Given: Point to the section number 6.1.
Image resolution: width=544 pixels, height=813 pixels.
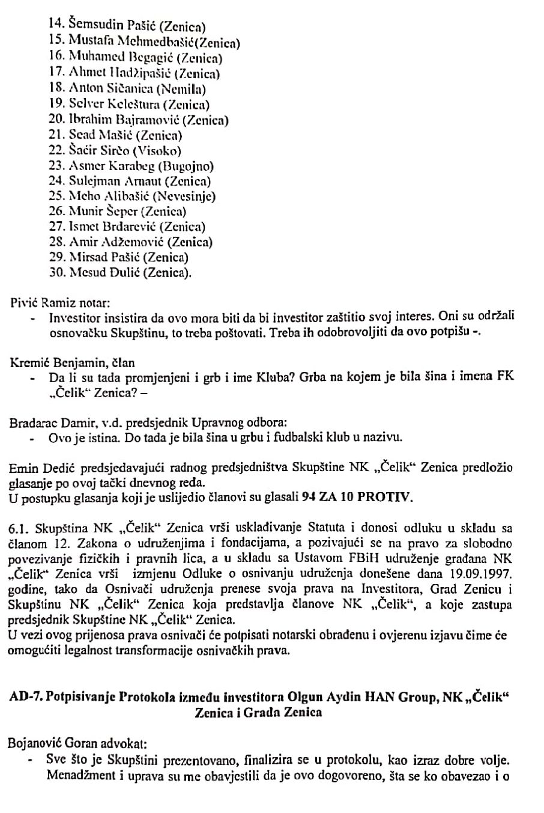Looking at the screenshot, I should tap(20, 529).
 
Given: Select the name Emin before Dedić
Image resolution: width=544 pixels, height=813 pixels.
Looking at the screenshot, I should tap(22, 467).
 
